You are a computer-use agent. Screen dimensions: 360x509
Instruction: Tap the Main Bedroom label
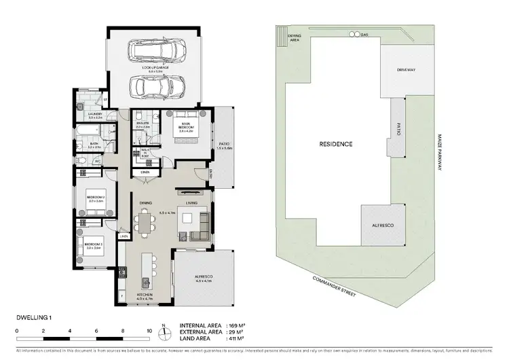pyautogui.click(x=186, y=126)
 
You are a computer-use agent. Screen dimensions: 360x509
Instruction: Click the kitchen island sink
pyautogui.click(x=145, y=282)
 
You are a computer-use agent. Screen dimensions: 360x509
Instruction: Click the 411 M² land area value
pyautogui.click(x=231, y=338)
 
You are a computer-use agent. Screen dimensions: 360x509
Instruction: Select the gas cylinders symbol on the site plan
pyautogui.click(x=353, y=33)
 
